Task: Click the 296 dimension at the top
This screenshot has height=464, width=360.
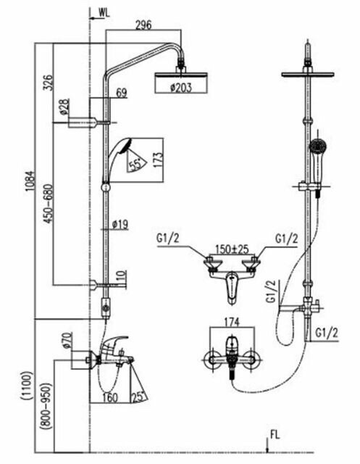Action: (143, 25)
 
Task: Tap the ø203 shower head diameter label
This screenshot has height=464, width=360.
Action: (181, 87)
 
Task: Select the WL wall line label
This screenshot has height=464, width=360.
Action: (104, 12)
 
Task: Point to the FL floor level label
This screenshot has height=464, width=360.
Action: (275, 435)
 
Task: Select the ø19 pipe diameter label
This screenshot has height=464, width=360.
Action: (120, 225)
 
